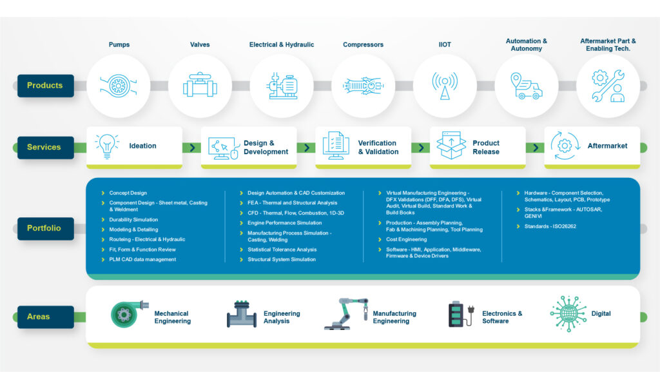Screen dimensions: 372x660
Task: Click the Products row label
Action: pos(45,86)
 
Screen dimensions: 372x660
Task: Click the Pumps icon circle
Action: pos(118,86)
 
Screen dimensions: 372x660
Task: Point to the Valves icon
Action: pos(200,86)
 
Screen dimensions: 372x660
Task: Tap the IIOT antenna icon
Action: pos(444,86)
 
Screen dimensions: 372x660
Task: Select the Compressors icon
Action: pos(363,86)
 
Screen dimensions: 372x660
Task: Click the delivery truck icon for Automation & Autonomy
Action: pos(526,86)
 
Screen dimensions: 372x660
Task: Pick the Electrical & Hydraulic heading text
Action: pos(282,44)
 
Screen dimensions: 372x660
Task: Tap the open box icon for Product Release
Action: pos(451,146)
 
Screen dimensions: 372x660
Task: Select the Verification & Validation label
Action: pos(378,147)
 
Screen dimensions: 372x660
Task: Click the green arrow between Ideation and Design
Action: pos(192,148)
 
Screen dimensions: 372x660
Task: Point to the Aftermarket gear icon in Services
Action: pos(565,146)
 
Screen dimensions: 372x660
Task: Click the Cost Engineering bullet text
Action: pos(406,239)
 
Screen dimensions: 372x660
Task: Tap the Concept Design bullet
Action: pos(128,193)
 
